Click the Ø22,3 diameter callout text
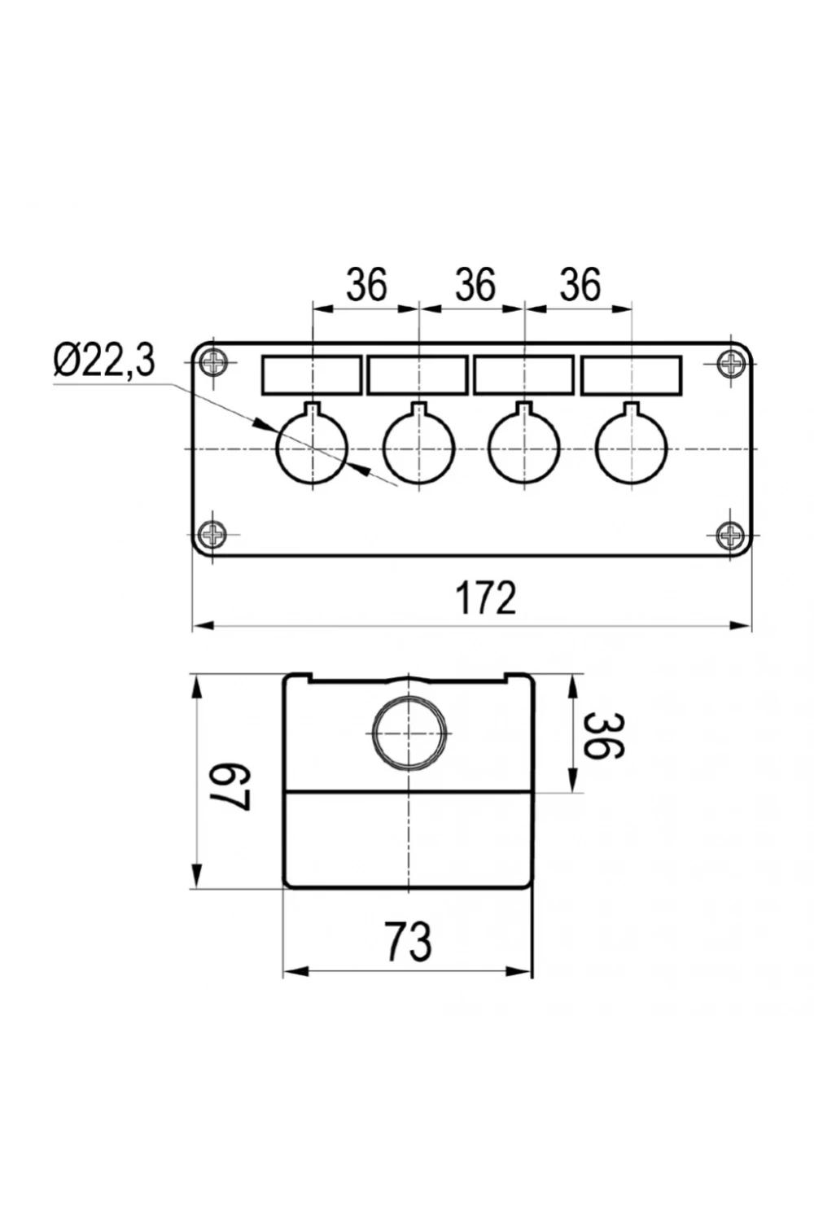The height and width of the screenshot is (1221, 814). click(104, 361)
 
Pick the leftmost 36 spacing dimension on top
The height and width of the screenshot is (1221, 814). click(366, 284)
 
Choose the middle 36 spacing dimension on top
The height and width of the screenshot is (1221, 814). click(475, 284)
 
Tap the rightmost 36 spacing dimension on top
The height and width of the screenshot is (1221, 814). click(580, 284)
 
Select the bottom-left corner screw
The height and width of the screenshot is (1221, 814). click(213, 534)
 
